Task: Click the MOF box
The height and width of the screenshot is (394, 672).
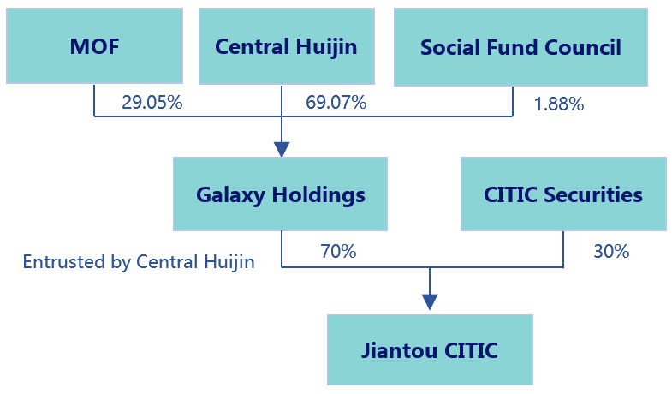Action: [x=94, y=46]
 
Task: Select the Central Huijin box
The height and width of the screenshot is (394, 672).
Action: [x=286, y=46]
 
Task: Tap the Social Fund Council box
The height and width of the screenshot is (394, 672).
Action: [x=520, y=47]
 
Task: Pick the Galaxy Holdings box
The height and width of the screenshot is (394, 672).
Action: [x=280, y=194]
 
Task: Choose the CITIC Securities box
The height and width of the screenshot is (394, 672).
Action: [x=563, y=194]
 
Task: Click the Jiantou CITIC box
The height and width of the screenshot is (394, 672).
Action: [x=430, y=349]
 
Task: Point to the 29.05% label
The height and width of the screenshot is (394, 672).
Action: [x=152, y=103]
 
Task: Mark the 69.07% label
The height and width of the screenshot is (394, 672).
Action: [x=336, y=103]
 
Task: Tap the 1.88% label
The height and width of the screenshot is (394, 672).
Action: [x=559, y=104]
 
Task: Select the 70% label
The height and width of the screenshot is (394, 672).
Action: [x=338, y=251]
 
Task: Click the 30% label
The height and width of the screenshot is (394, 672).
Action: [x=611, y=251]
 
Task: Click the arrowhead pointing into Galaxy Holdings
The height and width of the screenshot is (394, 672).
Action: [x=282, y=149]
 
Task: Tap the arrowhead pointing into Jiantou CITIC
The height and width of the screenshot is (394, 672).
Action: [x=430, y=301]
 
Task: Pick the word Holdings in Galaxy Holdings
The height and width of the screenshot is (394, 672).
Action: [x=318, y=195]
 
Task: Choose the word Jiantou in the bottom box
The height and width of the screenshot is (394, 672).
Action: [x=400, y=349]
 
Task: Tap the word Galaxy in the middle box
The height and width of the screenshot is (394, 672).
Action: [x=230, y=195]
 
